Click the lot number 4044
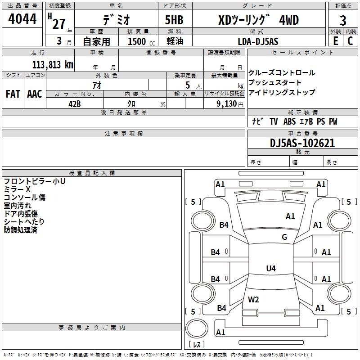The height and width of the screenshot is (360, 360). pyautogui.click(x=22, y=19)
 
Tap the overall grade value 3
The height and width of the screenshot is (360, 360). pyautogui.click(x=343, y=21)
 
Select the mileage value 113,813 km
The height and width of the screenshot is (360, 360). pyautogui.click(x=53, y=65)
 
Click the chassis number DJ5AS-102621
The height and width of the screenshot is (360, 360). pyautogui.click(x=302, y=143)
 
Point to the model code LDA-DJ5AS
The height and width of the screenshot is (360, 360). pyautogui.click(x=258, y=41)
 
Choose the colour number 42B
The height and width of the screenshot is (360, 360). pyautogui.click(x=75, y=104)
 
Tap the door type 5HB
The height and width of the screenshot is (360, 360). pyautogui.click(x=174, y=20)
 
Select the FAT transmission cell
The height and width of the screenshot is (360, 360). pyautogui.click(x=13, y=94)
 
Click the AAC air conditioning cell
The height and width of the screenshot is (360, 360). pyautogui.click(x=35, y=94)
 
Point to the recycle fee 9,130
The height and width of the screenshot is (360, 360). pyautogui.click(x=227, y=104)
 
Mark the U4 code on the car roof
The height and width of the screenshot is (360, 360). pyautogui.click(x=271, y=268)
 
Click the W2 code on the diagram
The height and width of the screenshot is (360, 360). pyautogui.click(x=253, y=300)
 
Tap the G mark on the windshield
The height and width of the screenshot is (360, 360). pyautogui.click(x=284, y=237)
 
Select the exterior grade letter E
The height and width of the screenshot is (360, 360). pyautogui.click(x=336, y=41)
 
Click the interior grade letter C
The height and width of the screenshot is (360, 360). pyautogui.click(x=350, y=41)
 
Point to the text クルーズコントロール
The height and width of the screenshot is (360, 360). pyautogui.click(x=282, y=73)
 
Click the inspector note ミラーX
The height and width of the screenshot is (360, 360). pyautogui.click(x=17, y=189)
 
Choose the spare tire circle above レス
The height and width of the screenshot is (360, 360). pyautogui.click(x=197, y=328)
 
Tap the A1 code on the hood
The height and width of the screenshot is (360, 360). pyautogui.click(x=290, y=216)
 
